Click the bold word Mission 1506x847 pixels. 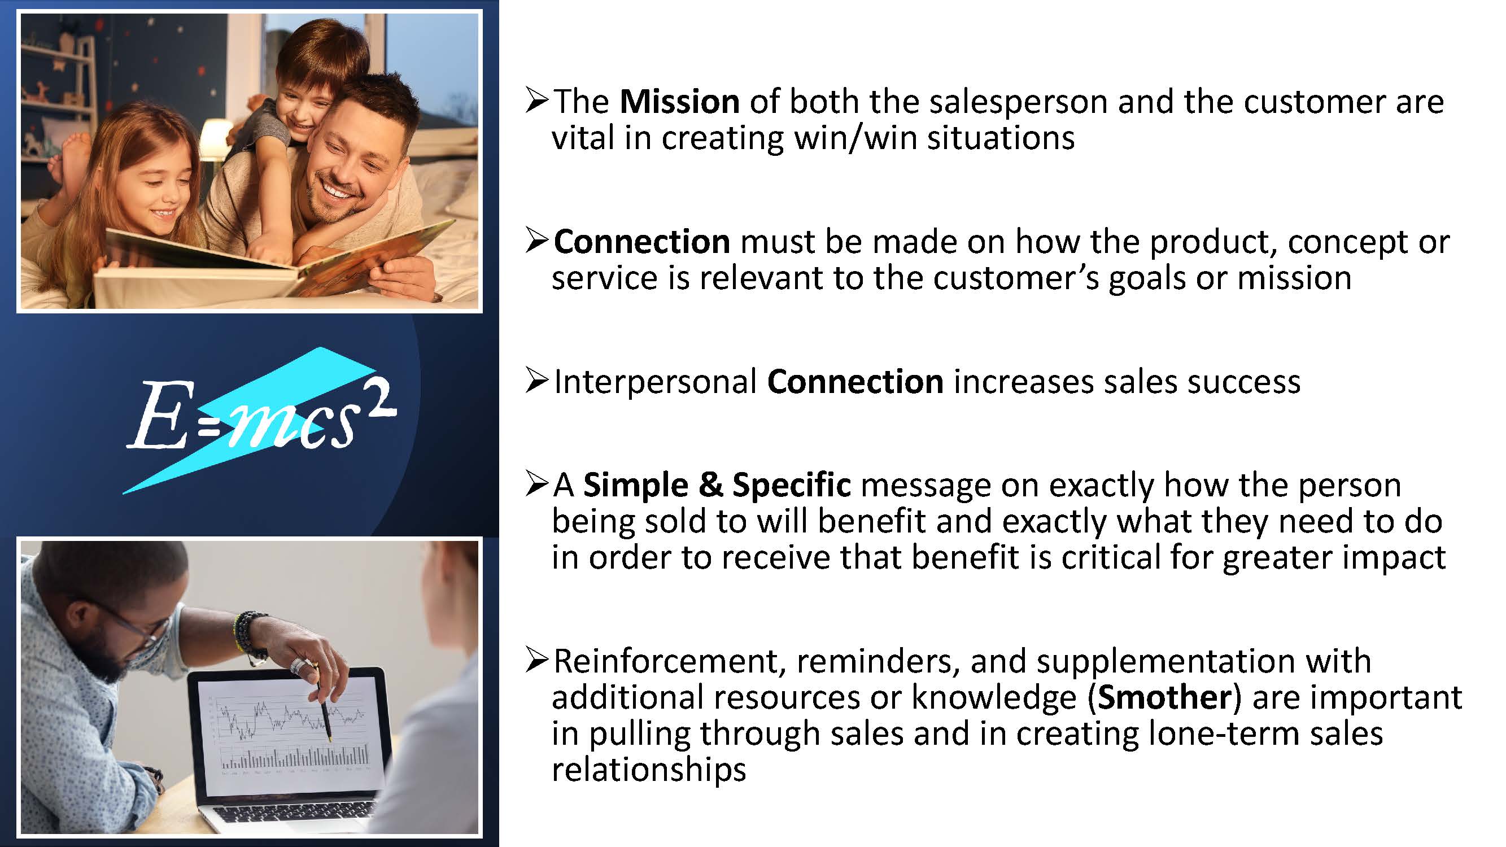[679, 102]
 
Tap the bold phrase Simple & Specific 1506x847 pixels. [717, 485]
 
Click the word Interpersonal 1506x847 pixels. [656, 383]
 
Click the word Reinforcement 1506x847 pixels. [665, 661]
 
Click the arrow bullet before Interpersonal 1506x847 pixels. [536, 381]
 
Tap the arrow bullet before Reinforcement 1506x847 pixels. [536, 660]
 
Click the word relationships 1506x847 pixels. [649, 769]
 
